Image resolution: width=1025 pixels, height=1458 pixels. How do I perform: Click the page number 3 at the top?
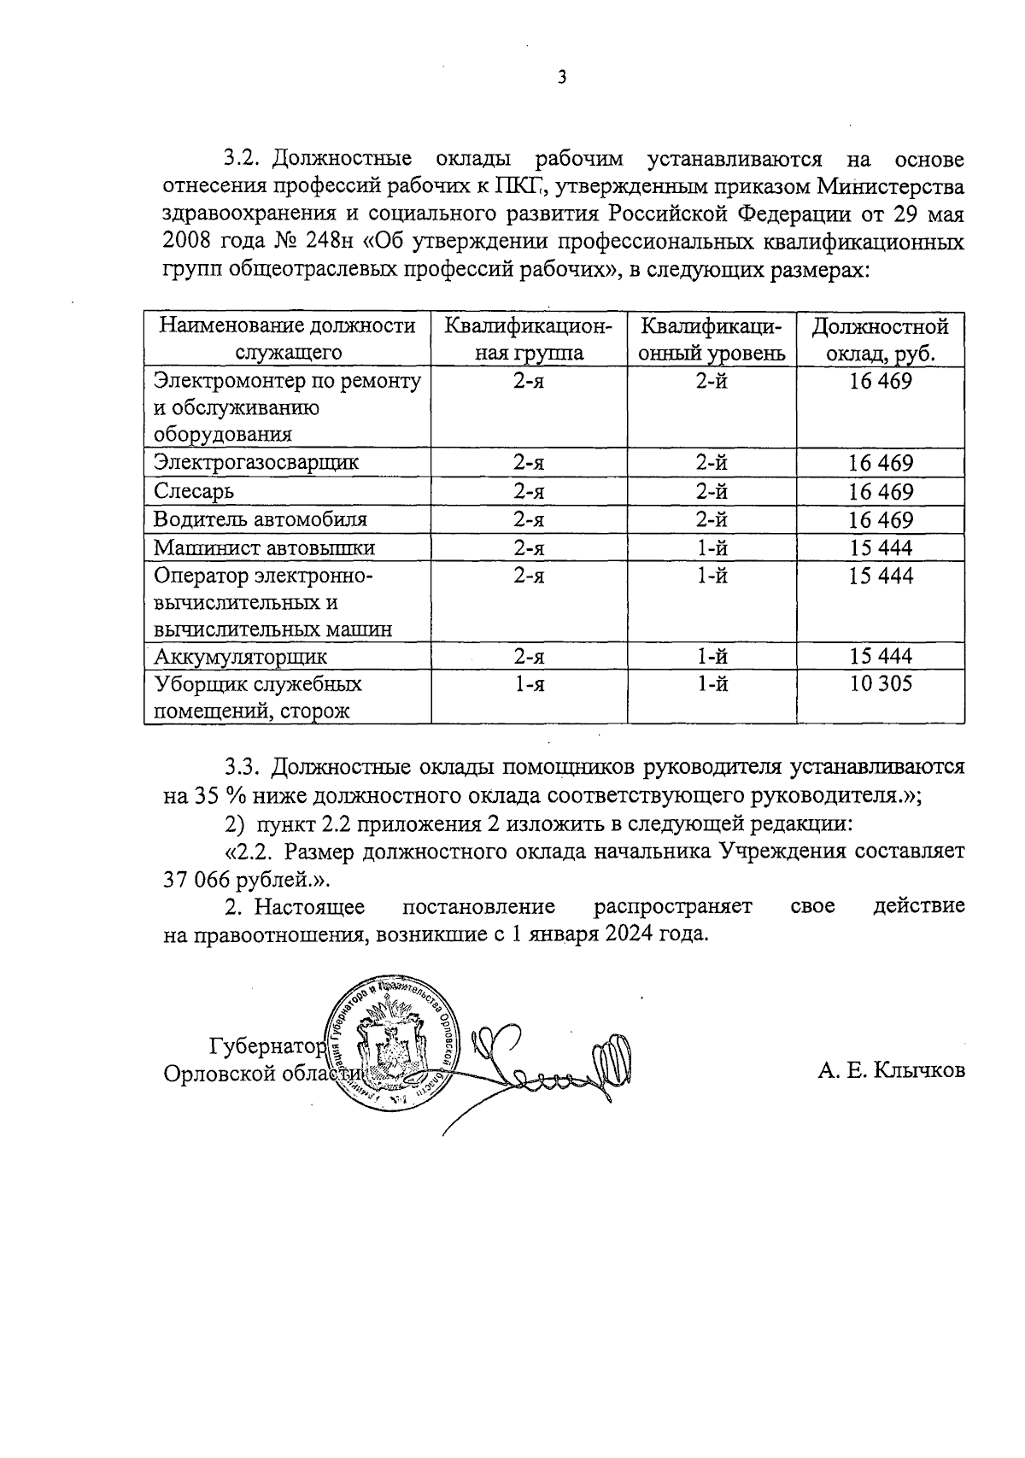pos(561,78)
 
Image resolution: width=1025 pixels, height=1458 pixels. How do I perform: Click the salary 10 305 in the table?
pos(880,683)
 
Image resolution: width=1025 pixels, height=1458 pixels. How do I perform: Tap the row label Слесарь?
pos(194,492)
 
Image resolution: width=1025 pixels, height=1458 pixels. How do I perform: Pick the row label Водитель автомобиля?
pos(261,520)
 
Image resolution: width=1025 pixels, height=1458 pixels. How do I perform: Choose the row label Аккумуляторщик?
pos(241,657)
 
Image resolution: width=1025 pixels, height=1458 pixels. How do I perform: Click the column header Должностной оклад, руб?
pos(880,340)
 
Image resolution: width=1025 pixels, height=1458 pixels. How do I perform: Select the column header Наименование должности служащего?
pos(288,340)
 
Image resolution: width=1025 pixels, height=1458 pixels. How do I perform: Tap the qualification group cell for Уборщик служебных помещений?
pos(529,683)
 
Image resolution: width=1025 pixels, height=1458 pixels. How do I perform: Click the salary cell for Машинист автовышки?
pos(880,547)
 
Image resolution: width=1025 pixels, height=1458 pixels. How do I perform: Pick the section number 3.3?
pos(243,767)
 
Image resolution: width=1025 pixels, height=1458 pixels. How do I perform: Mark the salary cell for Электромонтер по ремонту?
pos(880,381)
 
